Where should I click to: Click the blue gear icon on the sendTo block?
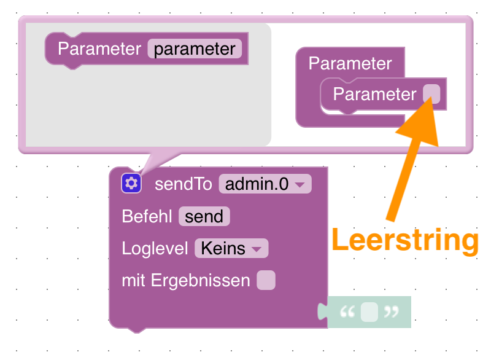(x=131, y=183)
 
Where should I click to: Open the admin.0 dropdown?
(x=265, y=184)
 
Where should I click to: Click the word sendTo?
(x=183, y=184)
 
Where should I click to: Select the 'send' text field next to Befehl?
(x=204, y=216)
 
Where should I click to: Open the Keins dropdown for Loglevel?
(x=231, y=248)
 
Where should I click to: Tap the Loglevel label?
(x=155, y=248)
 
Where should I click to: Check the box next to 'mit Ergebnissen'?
(x=266, y=280)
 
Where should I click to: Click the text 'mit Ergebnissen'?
(x=186, y=280)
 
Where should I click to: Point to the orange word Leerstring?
(x=404, y=240)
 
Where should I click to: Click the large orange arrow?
(x=411, y=160)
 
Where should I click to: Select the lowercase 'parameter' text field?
(x=195, y=49)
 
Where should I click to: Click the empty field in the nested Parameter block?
(x=431, y=94)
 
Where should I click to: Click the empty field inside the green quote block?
(x=369, y=312)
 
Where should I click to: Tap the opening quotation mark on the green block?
(x=347, y=312)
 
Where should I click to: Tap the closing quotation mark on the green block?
(x=391, y=312)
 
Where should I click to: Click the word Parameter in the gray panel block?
(x=99, y=49)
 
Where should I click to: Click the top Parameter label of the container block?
(x=350, y=63)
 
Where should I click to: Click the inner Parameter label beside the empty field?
(x=374, y=94)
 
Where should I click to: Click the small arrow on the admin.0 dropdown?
(x=300, y=184)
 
